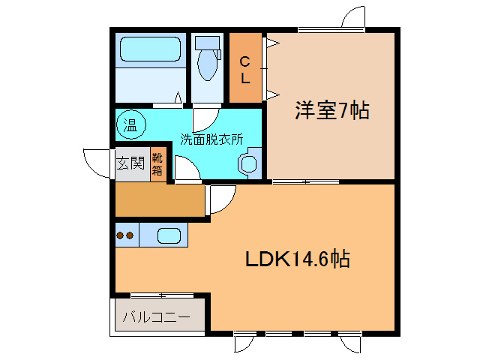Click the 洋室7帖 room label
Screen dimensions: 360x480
coord(331,112)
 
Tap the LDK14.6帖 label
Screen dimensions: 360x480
coord(298,259)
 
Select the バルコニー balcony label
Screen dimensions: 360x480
coord(155,317)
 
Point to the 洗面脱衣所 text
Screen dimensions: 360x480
coord(211,139)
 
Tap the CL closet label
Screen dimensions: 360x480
coord(244,69)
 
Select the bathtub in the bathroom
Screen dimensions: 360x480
coord(151,50)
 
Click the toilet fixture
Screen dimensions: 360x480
coord(208,58)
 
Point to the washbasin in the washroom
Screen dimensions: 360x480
coord(248,163)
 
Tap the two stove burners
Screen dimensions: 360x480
coord(124,235)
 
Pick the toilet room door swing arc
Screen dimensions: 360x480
coord(203,118)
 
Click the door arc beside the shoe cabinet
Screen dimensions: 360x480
coord(186,169)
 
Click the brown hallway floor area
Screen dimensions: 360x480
coord(160,199)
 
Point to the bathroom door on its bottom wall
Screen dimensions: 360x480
coord(178,98)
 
